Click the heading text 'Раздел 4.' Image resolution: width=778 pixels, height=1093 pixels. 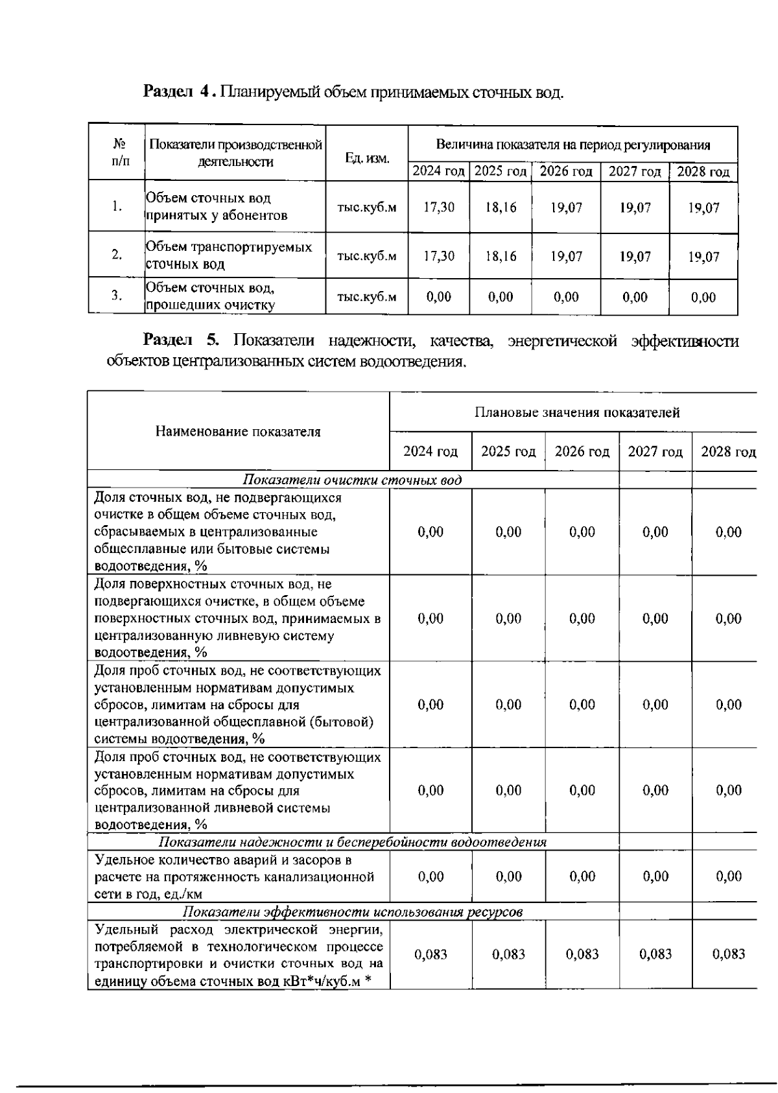coord(179,91)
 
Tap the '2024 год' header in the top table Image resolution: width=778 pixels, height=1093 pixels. coord(438,172)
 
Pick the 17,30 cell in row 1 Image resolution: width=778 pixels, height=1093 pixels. coord(439,207)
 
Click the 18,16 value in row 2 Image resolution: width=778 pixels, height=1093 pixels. coord(501,256)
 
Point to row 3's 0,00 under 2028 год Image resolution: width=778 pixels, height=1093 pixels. coord(703,298)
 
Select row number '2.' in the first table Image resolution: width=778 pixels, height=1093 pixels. coord(117,255)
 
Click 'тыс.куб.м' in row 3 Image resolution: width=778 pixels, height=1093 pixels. coord(366,297)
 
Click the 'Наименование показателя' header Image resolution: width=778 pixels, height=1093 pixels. coord(238,431)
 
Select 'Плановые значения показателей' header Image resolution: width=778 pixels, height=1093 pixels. coord(577,412)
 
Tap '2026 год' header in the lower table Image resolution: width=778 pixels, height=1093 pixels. coord(582,451)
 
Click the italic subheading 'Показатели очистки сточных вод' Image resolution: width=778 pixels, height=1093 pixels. coord(352,480)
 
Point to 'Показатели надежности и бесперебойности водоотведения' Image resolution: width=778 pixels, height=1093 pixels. coord(353,842)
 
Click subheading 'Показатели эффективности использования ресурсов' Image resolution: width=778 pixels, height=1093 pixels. coord(353,911)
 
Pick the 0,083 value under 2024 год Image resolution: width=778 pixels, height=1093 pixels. coord(430,954)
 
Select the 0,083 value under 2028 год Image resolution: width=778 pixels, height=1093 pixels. coord(729,954)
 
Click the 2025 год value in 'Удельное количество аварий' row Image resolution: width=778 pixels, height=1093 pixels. coord(508,876)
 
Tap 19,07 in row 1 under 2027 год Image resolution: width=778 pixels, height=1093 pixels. coord(635,207)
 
